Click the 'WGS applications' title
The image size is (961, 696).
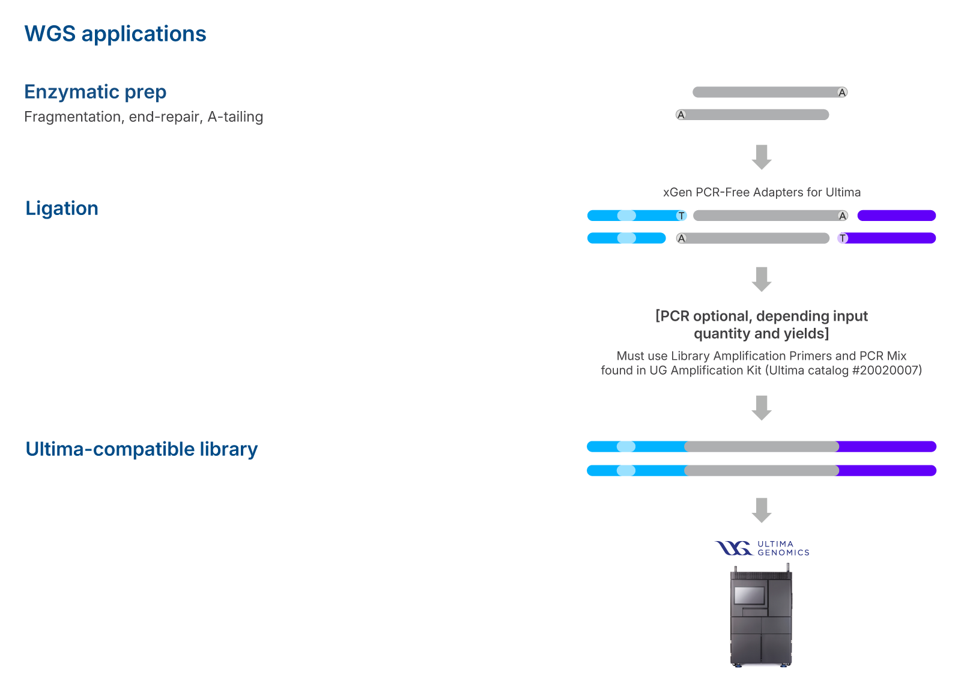(115, 34)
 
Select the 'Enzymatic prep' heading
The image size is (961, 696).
(95, 92)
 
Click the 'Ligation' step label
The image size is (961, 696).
(62, 208)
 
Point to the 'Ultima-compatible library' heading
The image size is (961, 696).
(142, 449)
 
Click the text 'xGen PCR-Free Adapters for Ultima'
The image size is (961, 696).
(762, 192)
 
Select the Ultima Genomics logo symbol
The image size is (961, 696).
(733, 548)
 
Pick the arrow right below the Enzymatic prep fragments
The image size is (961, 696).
(762, 157)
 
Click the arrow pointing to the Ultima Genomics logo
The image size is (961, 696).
(762, 510)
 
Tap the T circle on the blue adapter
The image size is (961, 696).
(681, 216)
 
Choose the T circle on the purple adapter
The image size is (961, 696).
(843, 238)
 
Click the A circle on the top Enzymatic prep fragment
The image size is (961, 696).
(842, 92)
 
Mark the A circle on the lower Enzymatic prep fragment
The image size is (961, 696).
(681, 115)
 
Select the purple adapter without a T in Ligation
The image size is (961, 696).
(897, 215)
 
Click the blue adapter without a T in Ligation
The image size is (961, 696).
(626, 238)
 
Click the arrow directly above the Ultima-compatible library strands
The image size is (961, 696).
(762, 408)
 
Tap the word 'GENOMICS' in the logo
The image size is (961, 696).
(783, 552)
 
